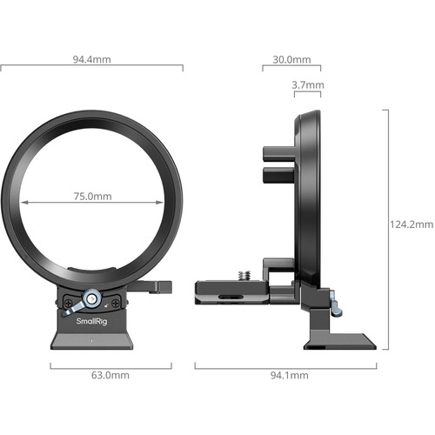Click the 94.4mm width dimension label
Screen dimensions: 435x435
pos(91,60)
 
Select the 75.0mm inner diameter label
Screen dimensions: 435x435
pos(91,196)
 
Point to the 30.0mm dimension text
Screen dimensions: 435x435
pos(291,60)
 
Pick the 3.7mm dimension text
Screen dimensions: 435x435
pos(308,85)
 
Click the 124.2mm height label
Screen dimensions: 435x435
pos(411,224)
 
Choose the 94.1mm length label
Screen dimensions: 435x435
pos(284,375)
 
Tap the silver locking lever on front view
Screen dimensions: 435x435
pos(80,304)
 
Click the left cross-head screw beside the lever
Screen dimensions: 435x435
pos(66,301)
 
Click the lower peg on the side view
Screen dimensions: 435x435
pos(278,177)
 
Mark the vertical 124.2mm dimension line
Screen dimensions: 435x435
pos(386,224)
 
